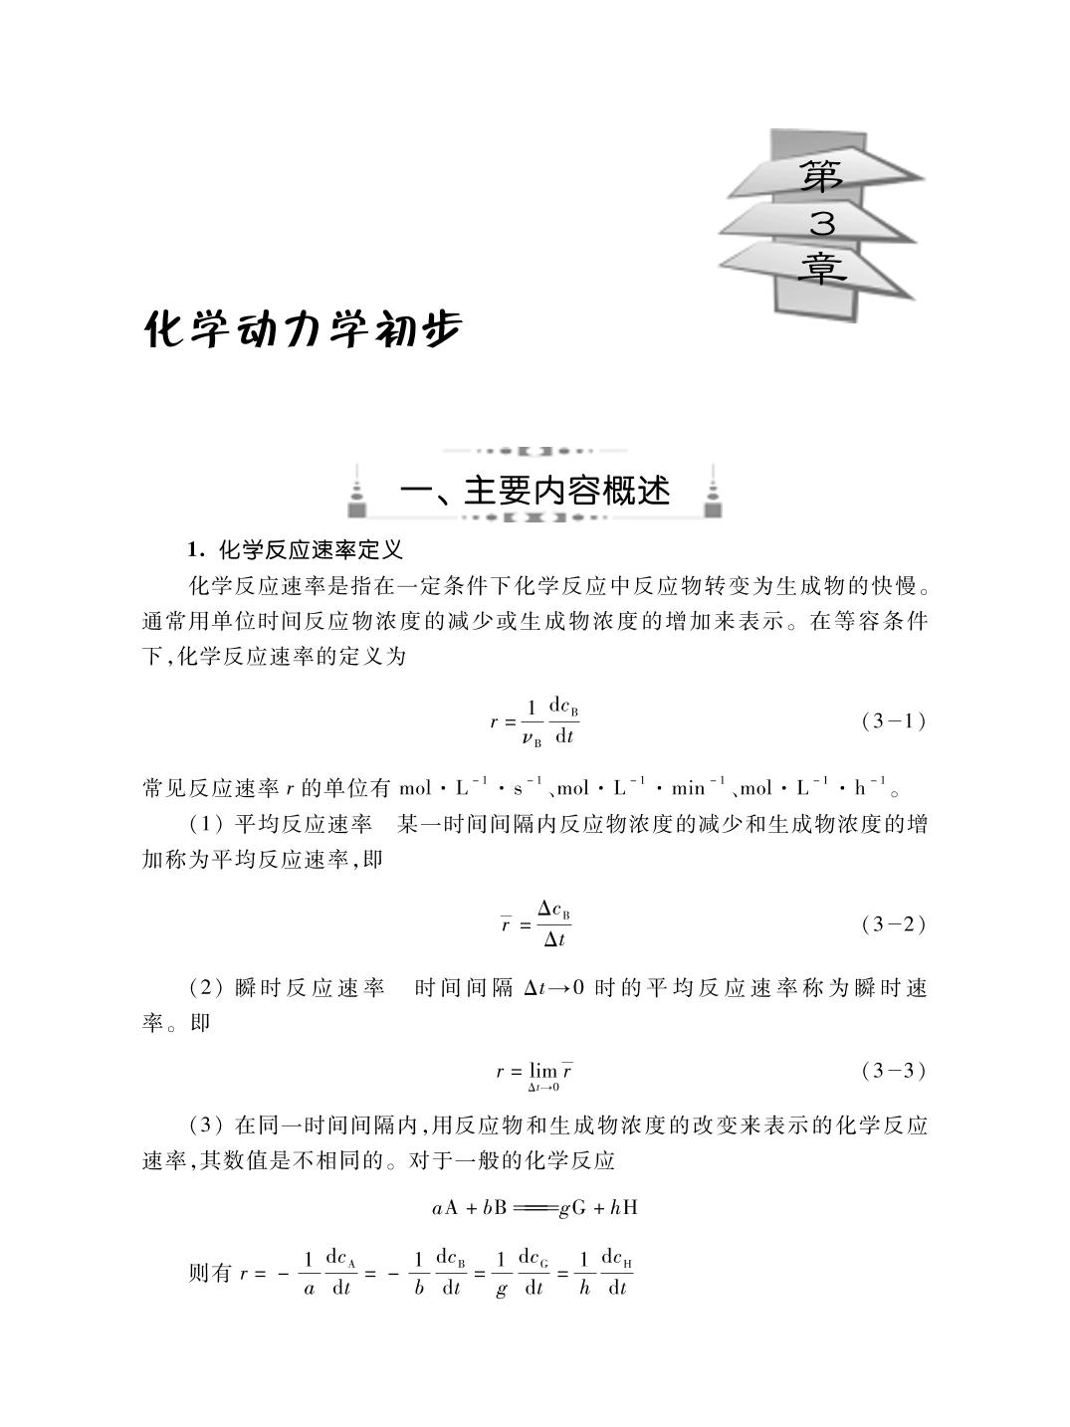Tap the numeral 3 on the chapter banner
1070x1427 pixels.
click(821, 224)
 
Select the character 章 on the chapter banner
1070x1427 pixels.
click(821, 267)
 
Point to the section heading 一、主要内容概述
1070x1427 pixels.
click(535, 490)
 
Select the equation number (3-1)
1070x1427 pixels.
click(893, 721)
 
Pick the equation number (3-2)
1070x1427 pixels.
click(893, 924)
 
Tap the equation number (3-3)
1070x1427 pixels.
click(893, 1071)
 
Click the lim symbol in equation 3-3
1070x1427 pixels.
click(542, 1072)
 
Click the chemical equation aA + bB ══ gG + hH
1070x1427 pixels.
click(535, 1208)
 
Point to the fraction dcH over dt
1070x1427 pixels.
click(617, 1274)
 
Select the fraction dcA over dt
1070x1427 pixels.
click(340, 1274)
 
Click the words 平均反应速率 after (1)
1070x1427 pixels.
click(303, 825)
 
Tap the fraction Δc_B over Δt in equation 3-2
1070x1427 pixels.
click(553, 924)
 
